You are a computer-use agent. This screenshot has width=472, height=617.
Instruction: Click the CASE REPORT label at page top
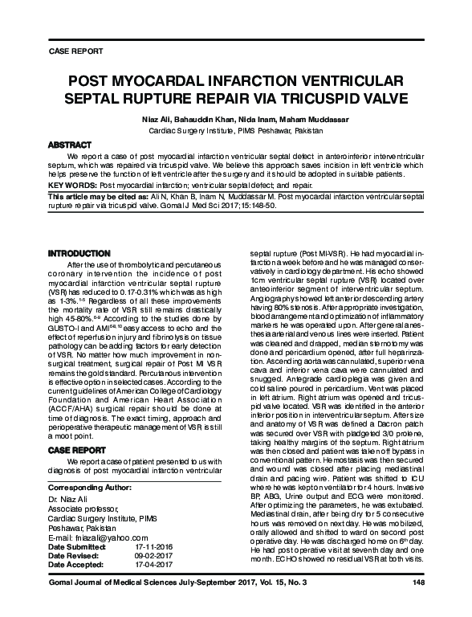pyautogui.click(x=76, y=51)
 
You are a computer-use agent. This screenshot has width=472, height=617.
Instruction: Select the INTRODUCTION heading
pyautogui.click(x=79, y=253)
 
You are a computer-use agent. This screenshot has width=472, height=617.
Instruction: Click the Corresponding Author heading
pyautogui.click(x=90, y=487)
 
